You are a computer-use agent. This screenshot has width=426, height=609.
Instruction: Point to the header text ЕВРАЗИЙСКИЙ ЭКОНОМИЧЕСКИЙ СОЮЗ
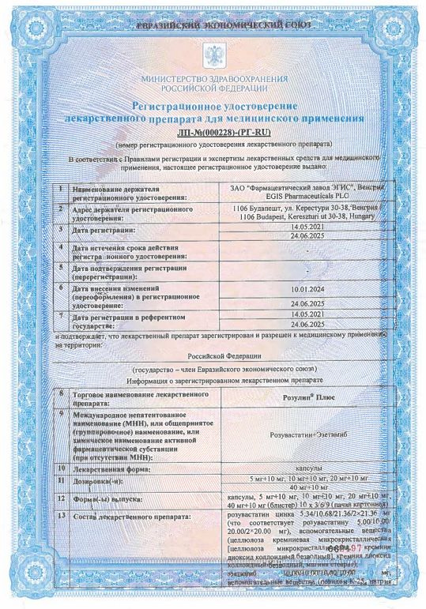(213, 27)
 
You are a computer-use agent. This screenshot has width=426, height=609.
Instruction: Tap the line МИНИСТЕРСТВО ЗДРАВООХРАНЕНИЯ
(213, 80)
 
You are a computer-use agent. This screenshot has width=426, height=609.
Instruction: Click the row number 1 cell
(60, 190)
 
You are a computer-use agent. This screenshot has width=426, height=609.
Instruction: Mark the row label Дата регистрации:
(104, 229)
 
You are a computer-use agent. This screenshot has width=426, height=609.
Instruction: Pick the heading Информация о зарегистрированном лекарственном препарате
(213, 378)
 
